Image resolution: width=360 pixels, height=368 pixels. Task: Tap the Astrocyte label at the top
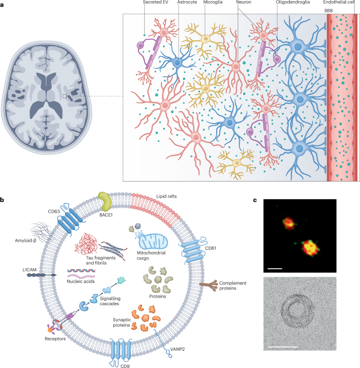point(188,3)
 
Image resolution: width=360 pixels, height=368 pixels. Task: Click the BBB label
point(329,10)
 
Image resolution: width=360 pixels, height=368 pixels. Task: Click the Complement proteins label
point(224,287)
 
